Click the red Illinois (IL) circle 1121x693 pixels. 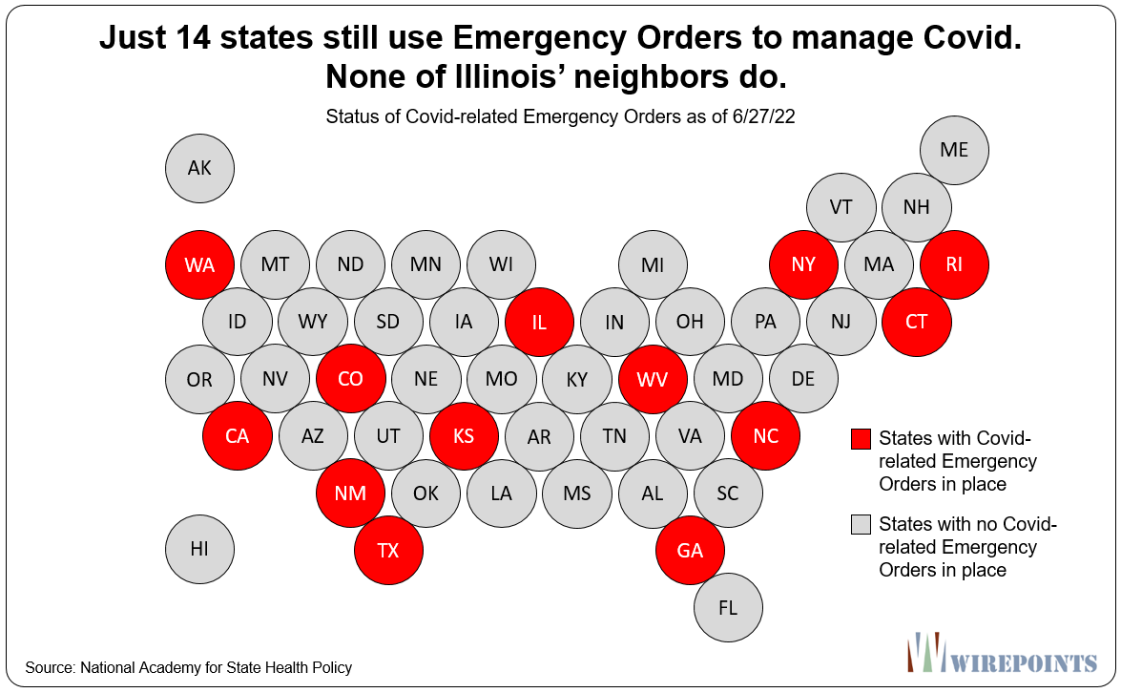539,322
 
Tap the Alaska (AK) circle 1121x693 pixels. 199,169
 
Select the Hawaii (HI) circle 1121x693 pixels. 199,549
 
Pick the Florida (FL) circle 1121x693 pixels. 728,606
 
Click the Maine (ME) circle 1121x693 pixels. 954,150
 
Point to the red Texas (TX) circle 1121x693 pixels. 388,550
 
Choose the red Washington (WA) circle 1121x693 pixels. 199,264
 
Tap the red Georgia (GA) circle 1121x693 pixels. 690,550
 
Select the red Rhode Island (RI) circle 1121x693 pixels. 954,264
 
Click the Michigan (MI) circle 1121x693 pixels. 653,264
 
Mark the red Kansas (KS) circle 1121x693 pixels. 464,436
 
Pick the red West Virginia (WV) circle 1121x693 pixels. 653,379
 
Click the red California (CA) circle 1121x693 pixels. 237,436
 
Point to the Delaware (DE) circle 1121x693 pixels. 803,379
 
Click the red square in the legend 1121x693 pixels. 862,439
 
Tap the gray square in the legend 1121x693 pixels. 862,525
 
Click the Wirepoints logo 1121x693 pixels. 1001,654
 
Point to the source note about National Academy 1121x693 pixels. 189,667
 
